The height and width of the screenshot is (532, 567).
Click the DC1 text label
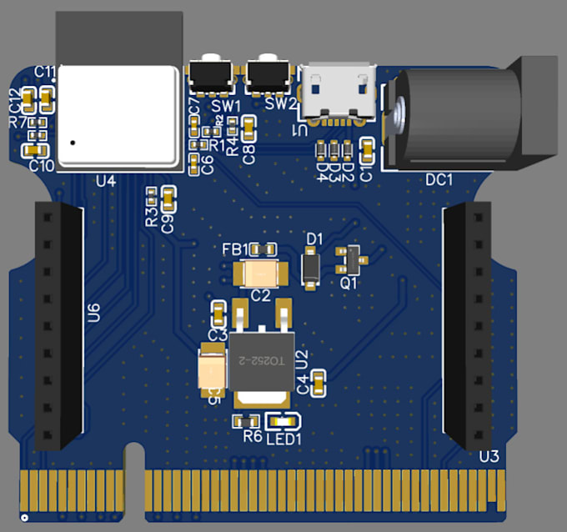[439, 179]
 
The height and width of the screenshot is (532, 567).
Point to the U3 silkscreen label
[489, 456]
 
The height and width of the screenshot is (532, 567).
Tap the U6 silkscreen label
[94, 313]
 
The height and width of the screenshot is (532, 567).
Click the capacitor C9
[168, 198]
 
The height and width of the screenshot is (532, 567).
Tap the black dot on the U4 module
[74, 143]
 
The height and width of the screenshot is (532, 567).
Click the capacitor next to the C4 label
[319, 383]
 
